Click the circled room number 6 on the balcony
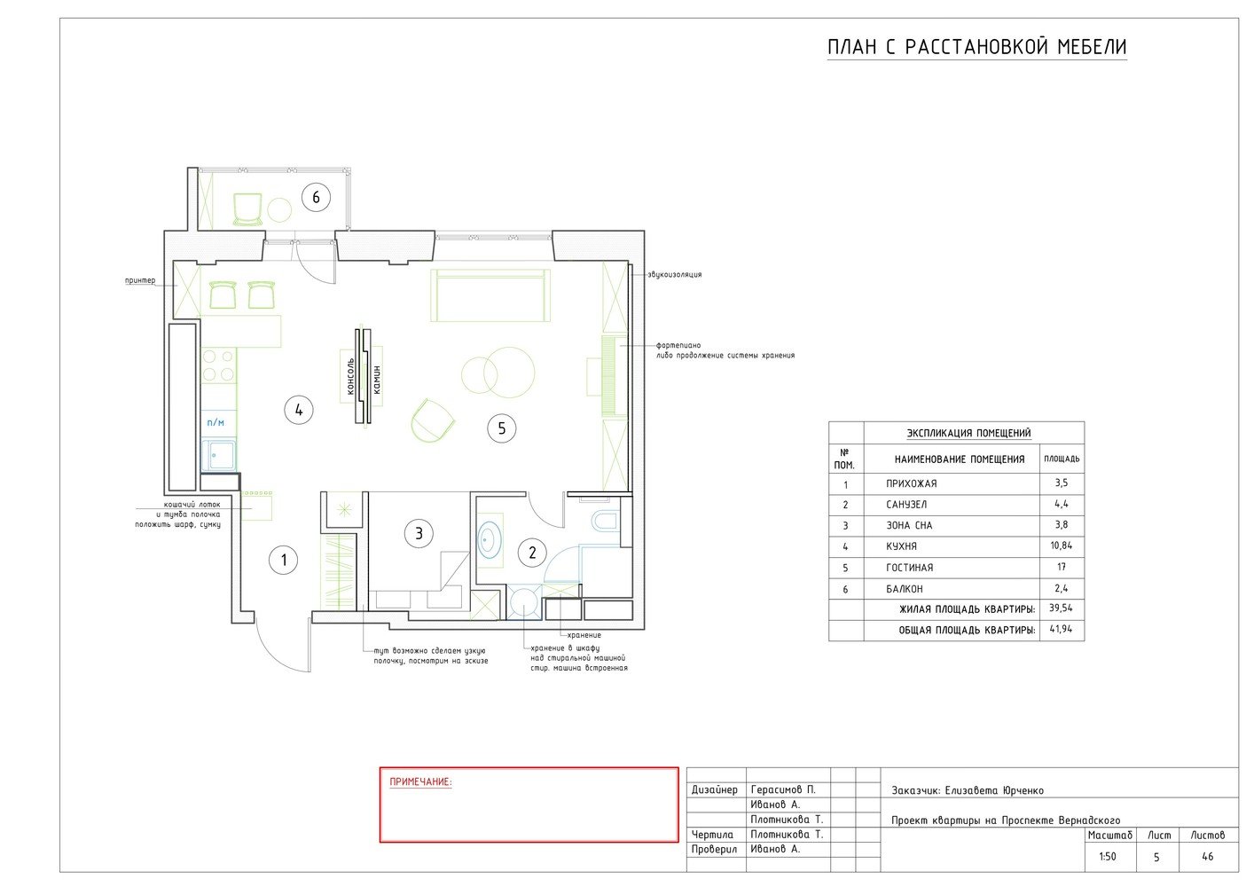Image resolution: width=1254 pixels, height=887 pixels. point(316,197)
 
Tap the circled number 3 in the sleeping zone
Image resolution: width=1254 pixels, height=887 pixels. point(419,534)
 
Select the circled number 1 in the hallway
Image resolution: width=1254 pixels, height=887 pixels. point(283,560)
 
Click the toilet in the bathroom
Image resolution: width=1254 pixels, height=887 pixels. point(605,521)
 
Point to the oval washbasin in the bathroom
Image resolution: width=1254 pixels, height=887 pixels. point(489,540)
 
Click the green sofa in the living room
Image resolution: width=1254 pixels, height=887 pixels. point(490,295)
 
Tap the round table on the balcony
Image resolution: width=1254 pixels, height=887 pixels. point(279,210)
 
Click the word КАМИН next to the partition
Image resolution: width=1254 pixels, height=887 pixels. point(377,380)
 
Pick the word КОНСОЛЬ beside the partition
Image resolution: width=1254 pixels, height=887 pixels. point(350,376)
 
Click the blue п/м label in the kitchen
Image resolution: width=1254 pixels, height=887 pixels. point(216,422)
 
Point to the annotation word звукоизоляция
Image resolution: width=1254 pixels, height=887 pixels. point(675,275)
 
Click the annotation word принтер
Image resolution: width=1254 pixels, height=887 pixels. point(140,280)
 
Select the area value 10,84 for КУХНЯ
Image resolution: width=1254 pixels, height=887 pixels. point(1061,546)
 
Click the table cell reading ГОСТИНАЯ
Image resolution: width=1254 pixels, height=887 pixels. point(910,568)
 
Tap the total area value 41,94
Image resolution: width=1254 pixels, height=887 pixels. point(1061,629)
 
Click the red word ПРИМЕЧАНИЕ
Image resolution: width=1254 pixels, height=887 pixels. point(420,781)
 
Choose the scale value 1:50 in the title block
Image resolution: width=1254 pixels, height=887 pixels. point(1108,856)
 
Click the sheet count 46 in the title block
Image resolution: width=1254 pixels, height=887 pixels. point(1208,856)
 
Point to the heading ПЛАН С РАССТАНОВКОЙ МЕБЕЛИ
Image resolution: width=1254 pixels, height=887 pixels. point(977,47)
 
